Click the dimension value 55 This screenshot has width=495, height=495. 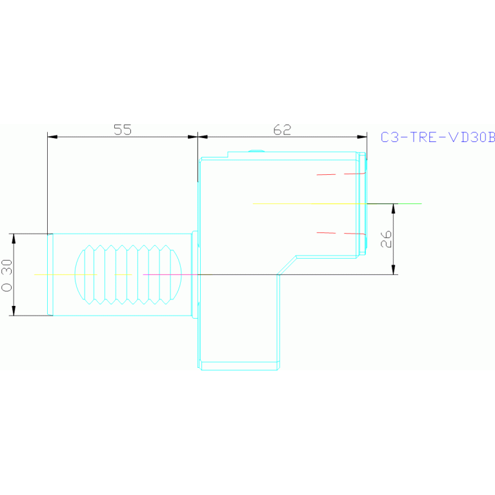(123, 129)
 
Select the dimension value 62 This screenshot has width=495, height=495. (282, 129)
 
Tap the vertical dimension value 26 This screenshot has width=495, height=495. (386, 239)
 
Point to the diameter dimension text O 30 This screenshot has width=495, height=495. (7, 275)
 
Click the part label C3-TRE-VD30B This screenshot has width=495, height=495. (438, 137)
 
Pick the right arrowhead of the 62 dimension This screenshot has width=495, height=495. (363, 137)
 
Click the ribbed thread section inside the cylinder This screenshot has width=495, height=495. (128, 274)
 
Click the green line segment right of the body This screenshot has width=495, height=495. (407, 203)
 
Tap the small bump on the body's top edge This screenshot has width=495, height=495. (256, 152)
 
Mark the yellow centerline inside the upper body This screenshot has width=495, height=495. (303, 203)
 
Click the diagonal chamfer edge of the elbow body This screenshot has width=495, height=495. (287, 265)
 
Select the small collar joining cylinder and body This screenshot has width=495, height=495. (196, 274)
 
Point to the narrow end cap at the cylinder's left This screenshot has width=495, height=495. (50, 274)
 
